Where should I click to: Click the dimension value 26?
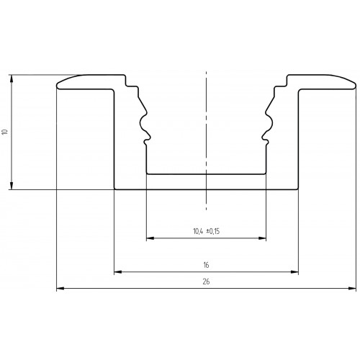(206, 282)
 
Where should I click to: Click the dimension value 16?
(206, 265)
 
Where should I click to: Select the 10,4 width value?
(198, 231)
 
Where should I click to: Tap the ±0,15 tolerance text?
(213, 231)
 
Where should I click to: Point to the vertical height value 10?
(5, 132)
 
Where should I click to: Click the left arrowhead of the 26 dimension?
(60, 288)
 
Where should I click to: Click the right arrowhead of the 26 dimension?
(352, 288)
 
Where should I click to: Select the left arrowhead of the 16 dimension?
(118, 272)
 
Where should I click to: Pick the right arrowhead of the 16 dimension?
(294, 272)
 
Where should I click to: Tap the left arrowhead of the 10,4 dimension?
(150, 238)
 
